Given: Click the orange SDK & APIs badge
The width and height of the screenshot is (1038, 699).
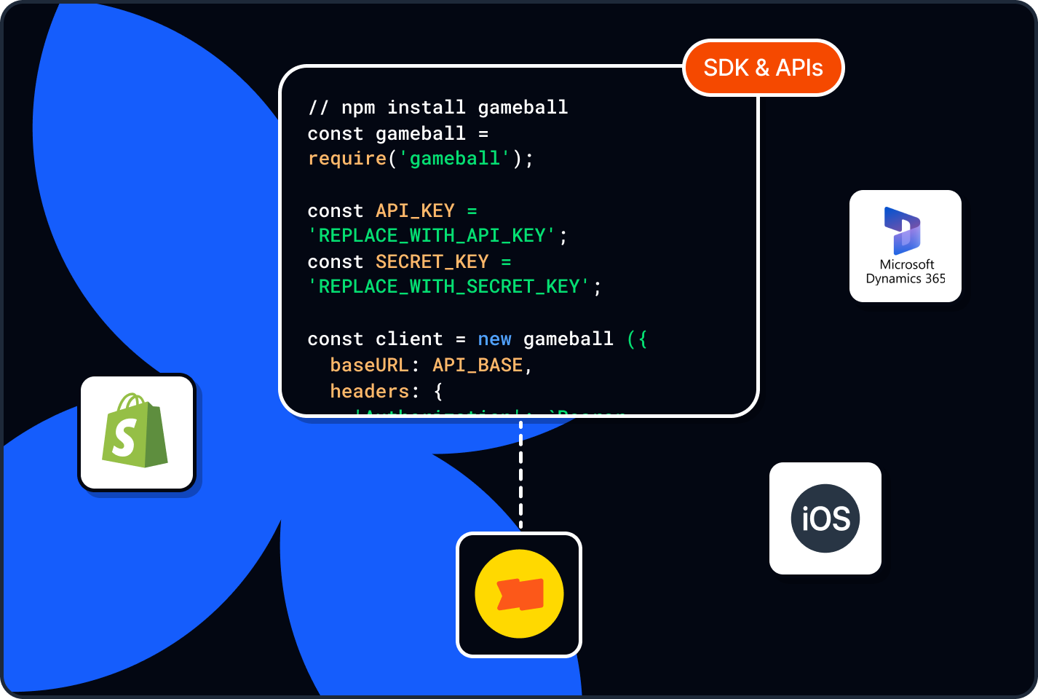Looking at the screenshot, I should [x=763, y=68].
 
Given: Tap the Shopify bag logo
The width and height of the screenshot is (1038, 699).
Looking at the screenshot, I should [x=136, y=432].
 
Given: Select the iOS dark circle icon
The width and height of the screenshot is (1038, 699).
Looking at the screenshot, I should [x=825, y=518].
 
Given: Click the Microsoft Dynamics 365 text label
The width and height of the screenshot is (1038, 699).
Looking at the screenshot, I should [x=906, y=272].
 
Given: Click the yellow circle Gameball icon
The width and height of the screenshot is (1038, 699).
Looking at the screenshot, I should [x=519, y=594].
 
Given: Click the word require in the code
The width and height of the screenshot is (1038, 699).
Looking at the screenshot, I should [x=347, y=159].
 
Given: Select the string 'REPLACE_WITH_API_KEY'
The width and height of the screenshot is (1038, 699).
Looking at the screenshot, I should [x=432, y=236].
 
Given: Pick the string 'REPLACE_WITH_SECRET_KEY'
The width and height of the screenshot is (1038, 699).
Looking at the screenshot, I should [x=449, y=287].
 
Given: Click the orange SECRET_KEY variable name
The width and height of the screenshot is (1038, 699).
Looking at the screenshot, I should [x=432, y=261].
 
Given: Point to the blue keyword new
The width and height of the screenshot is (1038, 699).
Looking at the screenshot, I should [x=494, y=339].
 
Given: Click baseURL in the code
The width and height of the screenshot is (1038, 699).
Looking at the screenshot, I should [x=370, y=365].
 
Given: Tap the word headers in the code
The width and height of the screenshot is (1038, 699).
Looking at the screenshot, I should [x=370, y=391].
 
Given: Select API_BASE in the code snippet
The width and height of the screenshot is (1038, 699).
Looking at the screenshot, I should [x=478, y=365].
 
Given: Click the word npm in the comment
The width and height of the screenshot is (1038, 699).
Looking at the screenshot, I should [x=358, y=108].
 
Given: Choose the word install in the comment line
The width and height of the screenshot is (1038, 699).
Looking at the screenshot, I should [x=426, y=108].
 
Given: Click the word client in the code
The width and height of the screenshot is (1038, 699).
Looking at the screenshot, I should [x=409, y=339].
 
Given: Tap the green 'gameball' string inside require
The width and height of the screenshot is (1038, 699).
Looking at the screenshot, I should [x=455, y=159].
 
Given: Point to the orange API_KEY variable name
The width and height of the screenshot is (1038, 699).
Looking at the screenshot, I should [x=415, y=210].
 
